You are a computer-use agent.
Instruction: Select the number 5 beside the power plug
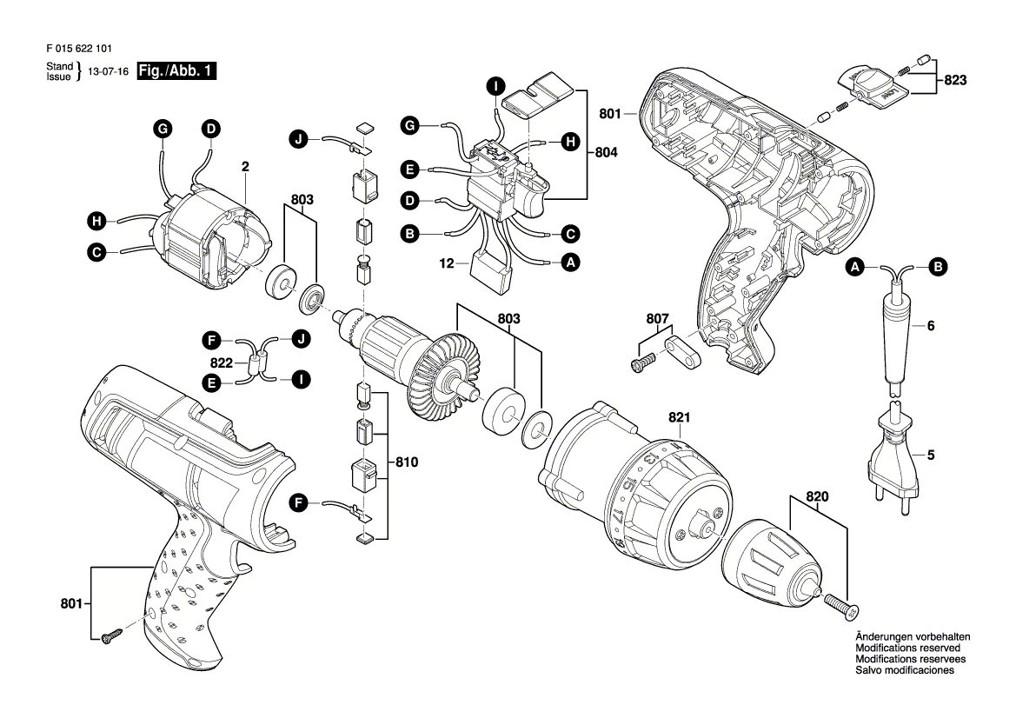pyautogui.click(x=931, y=454)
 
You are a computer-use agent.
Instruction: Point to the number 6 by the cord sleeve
pyautogui.click(x=931, y=327)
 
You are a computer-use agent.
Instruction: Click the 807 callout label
pyautogui.click(x=658, y=319)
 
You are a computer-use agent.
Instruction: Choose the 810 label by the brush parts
pyautogui.click(x=406, y=462)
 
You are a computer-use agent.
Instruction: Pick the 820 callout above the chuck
pyautogui.click(x=818, y=497)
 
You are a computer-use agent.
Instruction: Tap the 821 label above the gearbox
pyautogui.click(x=679, y=418)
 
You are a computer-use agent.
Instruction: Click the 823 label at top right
pyautogui.click(x=955, y=81)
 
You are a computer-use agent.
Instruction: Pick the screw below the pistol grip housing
pyautogui.click(x=112, y=636)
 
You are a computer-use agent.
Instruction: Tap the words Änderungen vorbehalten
pyautogui.click(x=912, y=637)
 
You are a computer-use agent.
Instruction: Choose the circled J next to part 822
pyautogui.click(x=301, y=339)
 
